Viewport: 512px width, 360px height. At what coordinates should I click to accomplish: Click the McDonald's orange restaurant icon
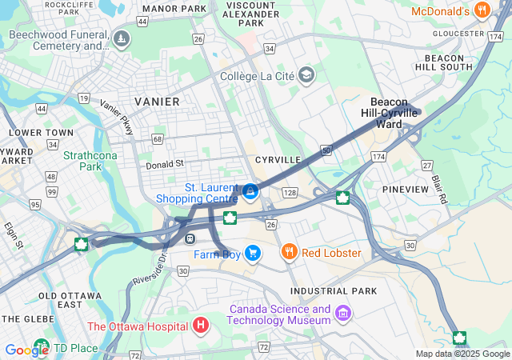(x=482, y=10)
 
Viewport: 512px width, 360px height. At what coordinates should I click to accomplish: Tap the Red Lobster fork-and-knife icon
(x=290, y=253)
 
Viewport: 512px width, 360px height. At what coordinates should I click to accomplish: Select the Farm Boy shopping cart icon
(x=253, y=254)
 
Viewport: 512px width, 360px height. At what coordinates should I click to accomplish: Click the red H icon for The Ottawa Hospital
(x=200, y=326)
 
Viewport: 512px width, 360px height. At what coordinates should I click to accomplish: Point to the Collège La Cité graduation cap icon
(x=306, y=76)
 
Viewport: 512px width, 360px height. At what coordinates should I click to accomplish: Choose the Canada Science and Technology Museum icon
(x=343, y=311)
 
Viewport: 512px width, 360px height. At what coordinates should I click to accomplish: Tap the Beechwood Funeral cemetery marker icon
(x=121, y=39)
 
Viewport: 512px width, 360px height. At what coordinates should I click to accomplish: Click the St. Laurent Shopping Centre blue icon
(x=251, y=192)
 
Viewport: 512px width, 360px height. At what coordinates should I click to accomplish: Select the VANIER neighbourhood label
(x=157, y=102)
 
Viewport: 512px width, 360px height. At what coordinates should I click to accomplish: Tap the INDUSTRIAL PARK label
(x=333, y=291)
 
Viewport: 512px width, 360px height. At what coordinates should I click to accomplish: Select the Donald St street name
(x=165, y=164)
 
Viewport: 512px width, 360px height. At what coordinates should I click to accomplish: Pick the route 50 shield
(x=326, y=150)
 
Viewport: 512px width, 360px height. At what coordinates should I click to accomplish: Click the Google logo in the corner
(x=26, y=350)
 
